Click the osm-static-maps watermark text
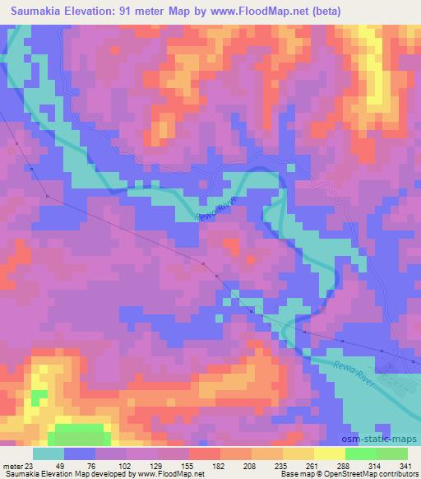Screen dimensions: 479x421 tap(385, 441)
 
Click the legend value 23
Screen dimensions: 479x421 tap(31, 466)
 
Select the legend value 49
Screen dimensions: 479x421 tap(64, 466)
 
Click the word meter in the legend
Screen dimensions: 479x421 tap(12, 466)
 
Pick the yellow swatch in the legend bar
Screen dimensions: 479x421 tap(328, 453)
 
